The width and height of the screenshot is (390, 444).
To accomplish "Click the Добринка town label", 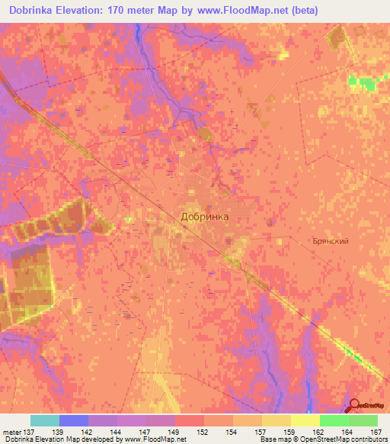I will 205,216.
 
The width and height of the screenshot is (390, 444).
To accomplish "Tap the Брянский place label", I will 331,240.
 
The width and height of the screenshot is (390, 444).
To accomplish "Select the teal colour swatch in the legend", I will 45,420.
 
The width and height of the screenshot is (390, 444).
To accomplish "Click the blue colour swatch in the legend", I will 74,420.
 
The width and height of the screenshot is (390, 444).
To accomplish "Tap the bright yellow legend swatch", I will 305,420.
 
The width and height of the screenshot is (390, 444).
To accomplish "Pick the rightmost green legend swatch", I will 363,420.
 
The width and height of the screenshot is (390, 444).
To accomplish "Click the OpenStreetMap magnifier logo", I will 354,405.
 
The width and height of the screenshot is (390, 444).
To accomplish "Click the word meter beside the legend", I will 13,432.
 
